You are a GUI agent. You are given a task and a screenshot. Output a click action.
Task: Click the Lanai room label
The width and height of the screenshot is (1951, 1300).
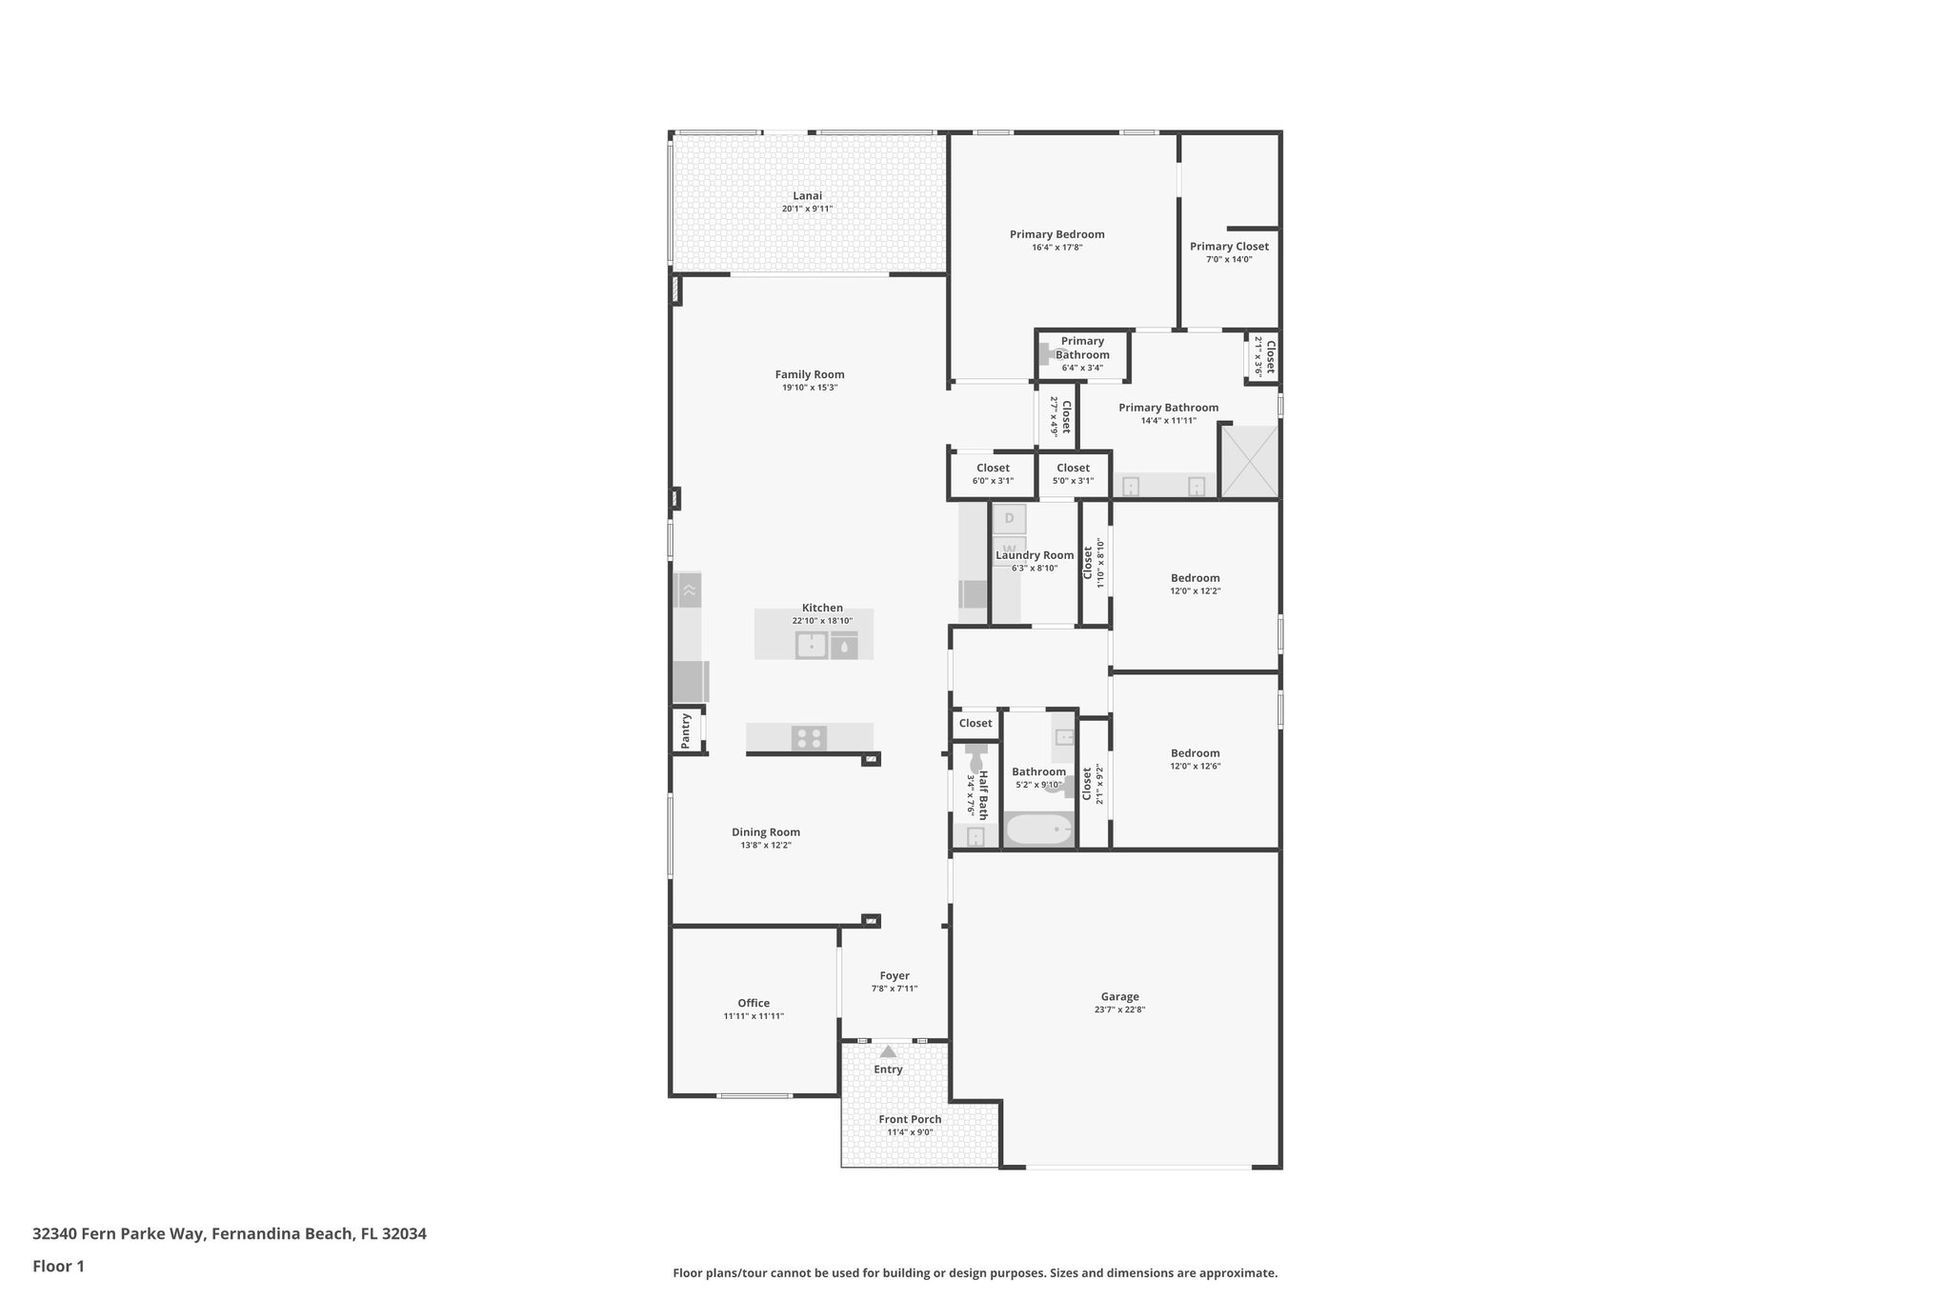tap(807, 196)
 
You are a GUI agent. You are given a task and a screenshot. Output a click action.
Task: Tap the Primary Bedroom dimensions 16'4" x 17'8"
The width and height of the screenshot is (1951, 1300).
tap(1056, 248)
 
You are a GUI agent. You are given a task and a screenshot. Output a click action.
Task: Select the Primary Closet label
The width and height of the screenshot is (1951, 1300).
tap(1229, 247)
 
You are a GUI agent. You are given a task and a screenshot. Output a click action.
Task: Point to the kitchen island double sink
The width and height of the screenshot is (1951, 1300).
tap(811, 646)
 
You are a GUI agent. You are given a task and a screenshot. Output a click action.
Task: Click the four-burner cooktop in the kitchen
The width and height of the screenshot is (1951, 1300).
tap(809, 737)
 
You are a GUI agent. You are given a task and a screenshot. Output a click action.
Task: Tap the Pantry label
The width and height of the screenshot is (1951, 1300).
tap(686, 730)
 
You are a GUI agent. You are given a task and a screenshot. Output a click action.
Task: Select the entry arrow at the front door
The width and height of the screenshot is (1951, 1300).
tap(888, 1051)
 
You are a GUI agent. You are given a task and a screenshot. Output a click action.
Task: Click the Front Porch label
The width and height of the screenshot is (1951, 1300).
tap(910, 1119)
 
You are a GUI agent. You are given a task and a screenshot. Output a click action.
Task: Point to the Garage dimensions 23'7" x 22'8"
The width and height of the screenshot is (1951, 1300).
tap(1119, 1010)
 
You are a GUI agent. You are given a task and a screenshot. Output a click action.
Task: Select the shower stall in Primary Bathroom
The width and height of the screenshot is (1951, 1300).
tap(1249, 462)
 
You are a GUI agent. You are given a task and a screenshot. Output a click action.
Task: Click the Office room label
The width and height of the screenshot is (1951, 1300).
tap(753, 1003)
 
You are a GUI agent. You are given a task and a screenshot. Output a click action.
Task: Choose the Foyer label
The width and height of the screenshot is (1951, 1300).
tap(894, 975)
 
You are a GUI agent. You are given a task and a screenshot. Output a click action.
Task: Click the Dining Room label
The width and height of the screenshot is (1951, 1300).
tap(765, 831)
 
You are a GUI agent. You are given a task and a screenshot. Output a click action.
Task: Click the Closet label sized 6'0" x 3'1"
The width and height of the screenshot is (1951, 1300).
tap(993, 468)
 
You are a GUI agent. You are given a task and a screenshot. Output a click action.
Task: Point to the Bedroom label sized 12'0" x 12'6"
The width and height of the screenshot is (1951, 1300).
tap(1195, 752)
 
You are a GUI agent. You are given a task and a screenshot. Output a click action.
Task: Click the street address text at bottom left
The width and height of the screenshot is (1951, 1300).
tap(229, 1233)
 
